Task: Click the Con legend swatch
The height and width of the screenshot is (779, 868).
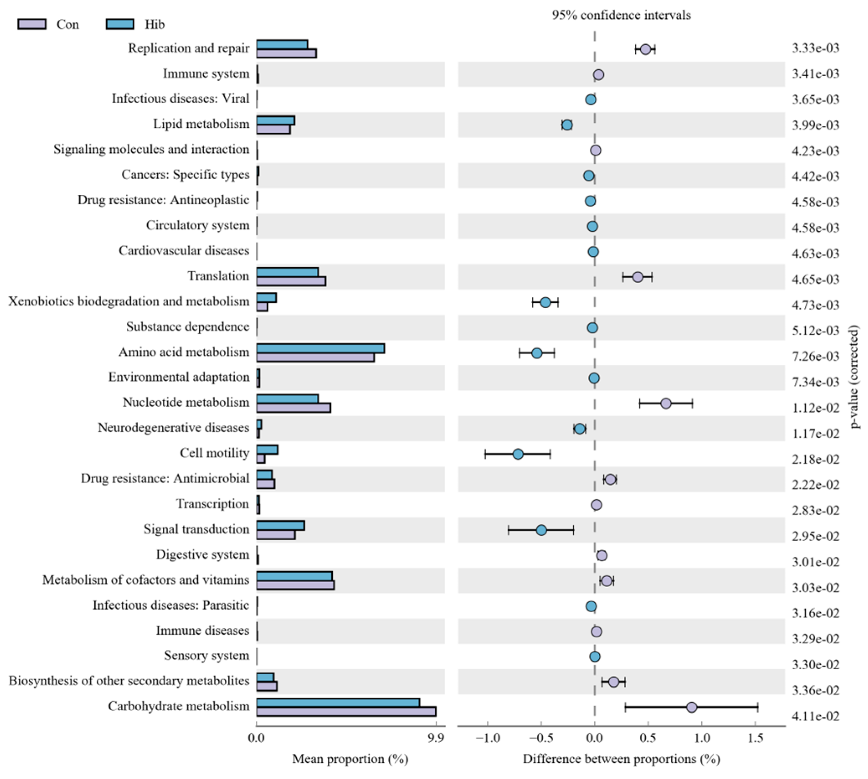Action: click(32, 24)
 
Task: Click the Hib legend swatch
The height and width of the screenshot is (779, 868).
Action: click(120, 24)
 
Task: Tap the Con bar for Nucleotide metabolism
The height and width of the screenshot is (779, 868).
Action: click(293, 408)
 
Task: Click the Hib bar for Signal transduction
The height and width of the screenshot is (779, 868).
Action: click(280, 526)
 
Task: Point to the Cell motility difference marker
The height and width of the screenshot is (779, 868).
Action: click(518, 454)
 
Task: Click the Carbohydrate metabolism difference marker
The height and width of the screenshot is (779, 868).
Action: click(691, 707)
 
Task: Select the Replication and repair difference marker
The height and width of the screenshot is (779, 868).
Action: click(645, 49)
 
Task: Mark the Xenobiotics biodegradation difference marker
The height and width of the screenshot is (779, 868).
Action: click(545, 303)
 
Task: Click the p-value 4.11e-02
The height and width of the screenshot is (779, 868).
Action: click(815, 716)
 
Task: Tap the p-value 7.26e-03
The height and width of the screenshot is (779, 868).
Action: click(815, 356)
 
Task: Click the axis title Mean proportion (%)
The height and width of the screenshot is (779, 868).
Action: click(350, 759)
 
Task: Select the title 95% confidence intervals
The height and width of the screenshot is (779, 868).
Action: click(621, 15)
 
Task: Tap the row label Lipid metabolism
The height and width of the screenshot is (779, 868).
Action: click(201, 124)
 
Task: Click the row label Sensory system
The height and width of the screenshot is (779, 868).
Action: click(207, 656)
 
